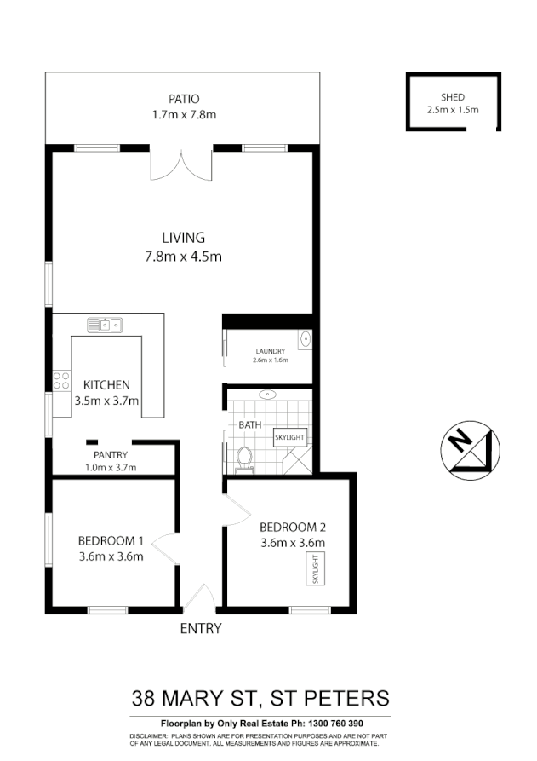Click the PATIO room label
[x=184, y=99]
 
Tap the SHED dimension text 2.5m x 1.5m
[x=453, y=109]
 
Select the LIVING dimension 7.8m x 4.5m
[x=184, y=256]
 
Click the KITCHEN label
[x=106, y=385]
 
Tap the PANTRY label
[x=111, y=455]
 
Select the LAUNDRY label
[x=271, y=350]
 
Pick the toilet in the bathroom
[x=246, y=458]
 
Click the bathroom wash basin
[x=268, y=395]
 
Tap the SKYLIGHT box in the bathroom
[x=288, y=438]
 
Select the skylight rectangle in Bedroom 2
[x=316, y=568]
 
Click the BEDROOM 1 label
[x=110, y=540]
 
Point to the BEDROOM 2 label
[x=293, y=526]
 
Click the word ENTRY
[x=201, y=629]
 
